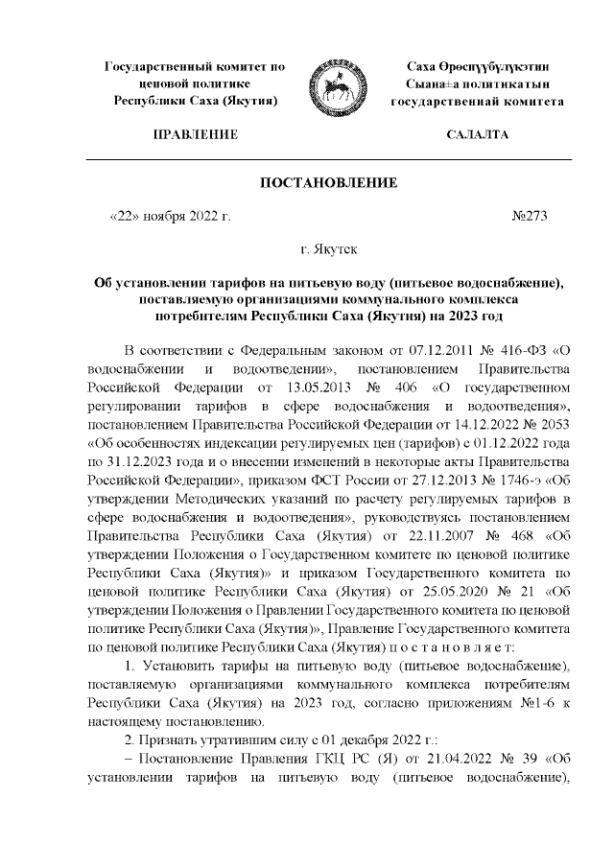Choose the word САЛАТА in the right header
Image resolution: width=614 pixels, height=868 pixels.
478,135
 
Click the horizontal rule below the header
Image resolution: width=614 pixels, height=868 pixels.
330,157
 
